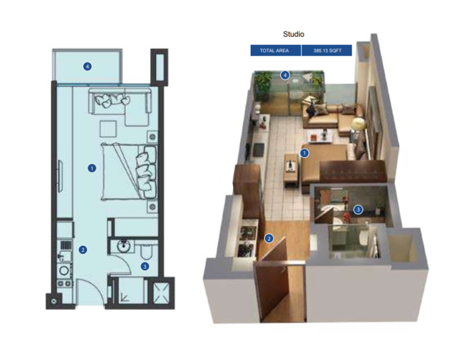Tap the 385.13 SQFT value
point(327,50)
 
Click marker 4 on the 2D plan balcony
point(87,66)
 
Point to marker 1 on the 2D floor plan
point(92,168)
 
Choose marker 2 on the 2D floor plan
point(83,250)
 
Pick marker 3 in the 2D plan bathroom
point(144,266)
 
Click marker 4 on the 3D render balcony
point(286,75)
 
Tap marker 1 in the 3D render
point(304,152)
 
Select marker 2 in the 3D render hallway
point(269,238)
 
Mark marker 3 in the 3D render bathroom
point(358,210)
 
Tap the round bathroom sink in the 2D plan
point(123,246)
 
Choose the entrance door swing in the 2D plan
point(90,290)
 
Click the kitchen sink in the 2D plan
point(65,271)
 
